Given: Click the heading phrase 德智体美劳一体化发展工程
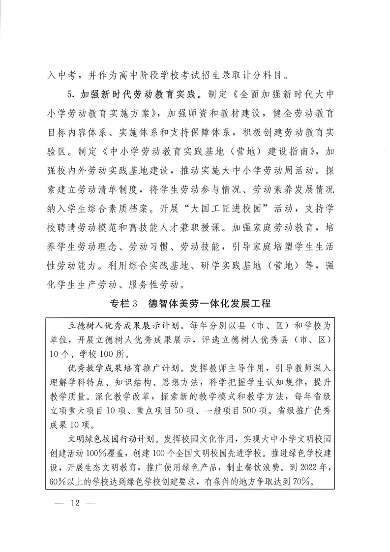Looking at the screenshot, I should click(x=209, y=304).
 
